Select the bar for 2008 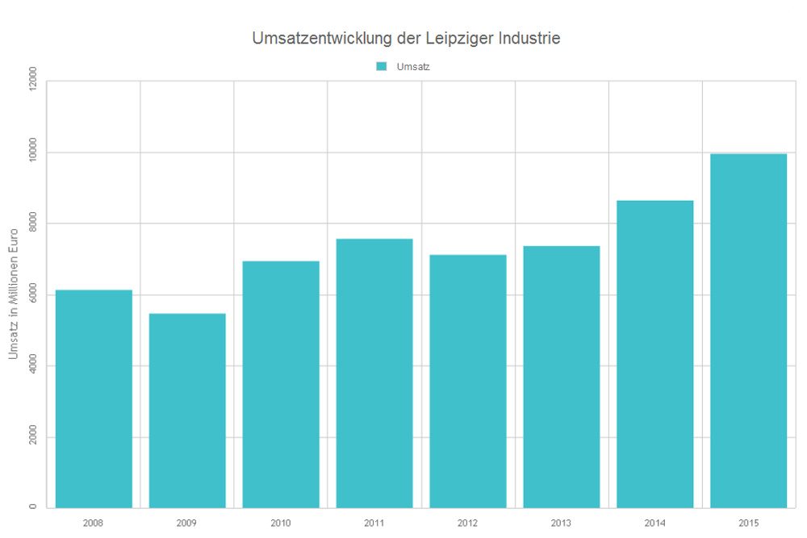[94, 398]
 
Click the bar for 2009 [187, 411]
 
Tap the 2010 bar [281, 385]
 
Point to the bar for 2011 [374, 373]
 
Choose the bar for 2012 [468, 382]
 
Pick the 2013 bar [562, 377]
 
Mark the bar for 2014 [655, 354]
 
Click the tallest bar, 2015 [749, 331]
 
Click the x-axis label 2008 [94, 523]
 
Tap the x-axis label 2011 [374, 523]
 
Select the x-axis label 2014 [655, 523]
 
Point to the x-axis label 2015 [749, 523]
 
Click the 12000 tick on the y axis [32, 81]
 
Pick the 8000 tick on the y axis [32, 223]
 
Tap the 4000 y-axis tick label [32, 366]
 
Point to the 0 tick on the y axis [32, 507]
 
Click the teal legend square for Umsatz [382, 66]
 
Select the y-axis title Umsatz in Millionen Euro [13, 294]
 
